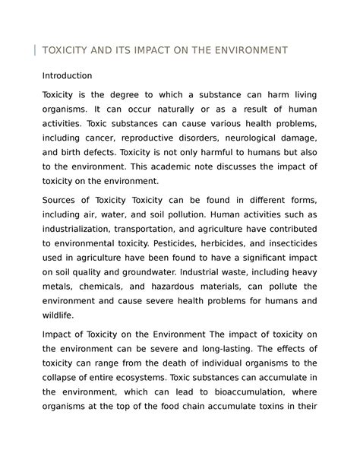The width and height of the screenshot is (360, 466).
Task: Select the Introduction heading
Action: point(67,76)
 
